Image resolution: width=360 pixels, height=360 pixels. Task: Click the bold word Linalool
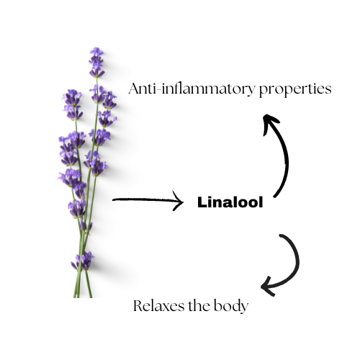coord(230,202)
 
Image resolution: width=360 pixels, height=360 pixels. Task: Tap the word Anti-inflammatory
coord(192,89)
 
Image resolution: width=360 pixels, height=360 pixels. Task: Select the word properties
coord(295,89)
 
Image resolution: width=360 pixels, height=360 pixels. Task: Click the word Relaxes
coord(158,306)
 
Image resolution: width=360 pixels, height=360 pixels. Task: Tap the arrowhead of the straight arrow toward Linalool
coord(179,201)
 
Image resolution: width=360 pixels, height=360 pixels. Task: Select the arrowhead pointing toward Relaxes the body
coord(268,287)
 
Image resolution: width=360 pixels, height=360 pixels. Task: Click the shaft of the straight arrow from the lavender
coord(145,199)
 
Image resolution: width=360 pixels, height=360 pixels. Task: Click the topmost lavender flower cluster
coord(96,63)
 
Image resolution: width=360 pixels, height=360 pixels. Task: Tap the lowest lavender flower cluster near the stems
coord(83,261)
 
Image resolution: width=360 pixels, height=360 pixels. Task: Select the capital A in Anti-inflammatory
coord(135,89)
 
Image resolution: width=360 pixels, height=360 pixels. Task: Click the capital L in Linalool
coord(202,202)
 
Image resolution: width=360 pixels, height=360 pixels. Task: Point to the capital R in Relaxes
coord(138,306)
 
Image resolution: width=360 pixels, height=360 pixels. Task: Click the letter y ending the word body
coord(243,308)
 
